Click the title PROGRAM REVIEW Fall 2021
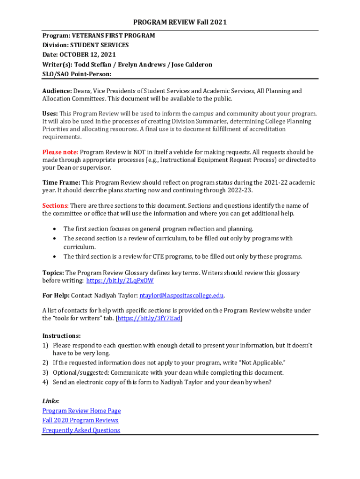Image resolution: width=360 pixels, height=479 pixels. (x=180, y=22)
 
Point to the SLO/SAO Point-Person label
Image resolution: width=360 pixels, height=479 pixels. (x=77, y=74)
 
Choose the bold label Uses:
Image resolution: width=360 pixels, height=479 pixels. (x=50, y=114)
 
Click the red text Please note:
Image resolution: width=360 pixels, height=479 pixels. (x=60, y=152)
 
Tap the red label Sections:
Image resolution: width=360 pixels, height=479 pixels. (x=56, y=205)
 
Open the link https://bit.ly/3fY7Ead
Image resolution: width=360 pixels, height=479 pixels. (x=149, y=318)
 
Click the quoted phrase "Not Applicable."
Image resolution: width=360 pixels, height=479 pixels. (x=258, y=363)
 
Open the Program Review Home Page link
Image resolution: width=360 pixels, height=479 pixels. (x=81, y=411)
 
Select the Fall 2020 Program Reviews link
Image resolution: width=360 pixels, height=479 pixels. (x=80, y=420)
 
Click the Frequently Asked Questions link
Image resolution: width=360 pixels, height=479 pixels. (x=81, y=430)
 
